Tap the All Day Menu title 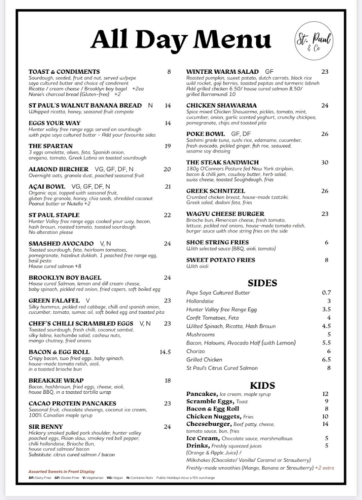[181, 40]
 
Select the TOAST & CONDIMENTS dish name [64, 72]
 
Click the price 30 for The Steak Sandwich [325, 162]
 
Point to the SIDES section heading [262, 283]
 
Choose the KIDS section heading [262, 385]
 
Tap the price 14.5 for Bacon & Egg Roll [165, 352]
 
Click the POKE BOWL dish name [206, 134]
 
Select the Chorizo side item [196, 351]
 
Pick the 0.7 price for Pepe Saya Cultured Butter [326, 293]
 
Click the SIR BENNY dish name [46, 427]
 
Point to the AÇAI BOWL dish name [47, 187]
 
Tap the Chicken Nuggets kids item [213, 417]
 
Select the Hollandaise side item [200, 301]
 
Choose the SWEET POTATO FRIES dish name [221, 260]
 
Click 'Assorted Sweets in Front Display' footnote [62, 471]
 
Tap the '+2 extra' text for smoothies [325, 468]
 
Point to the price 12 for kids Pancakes [325, 394]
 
